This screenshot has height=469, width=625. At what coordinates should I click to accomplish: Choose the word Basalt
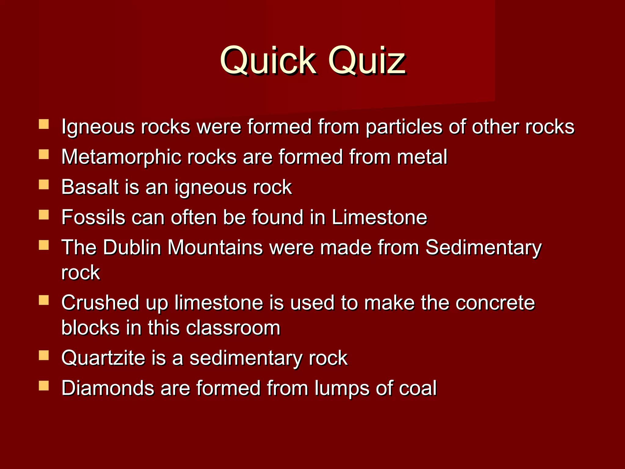(90, 187)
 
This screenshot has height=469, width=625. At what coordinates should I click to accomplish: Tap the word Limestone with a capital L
(379, 217)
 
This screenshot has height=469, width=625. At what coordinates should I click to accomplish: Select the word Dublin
(132, 247)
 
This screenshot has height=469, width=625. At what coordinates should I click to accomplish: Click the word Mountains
(215, 247)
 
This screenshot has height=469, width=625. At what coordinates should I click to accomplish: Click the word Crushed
(100, 303)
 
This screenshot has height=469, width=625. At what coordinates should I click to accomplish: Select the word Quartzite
(103, 358)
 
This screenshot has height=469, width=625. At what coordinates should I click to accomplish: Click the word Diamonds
(108, 388)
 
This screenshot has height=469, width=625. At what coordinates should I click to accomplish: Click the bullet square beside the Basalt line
(44, 184)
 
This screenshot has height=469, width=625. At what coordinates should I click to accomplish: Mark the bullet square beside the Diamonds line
(44, 386)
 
